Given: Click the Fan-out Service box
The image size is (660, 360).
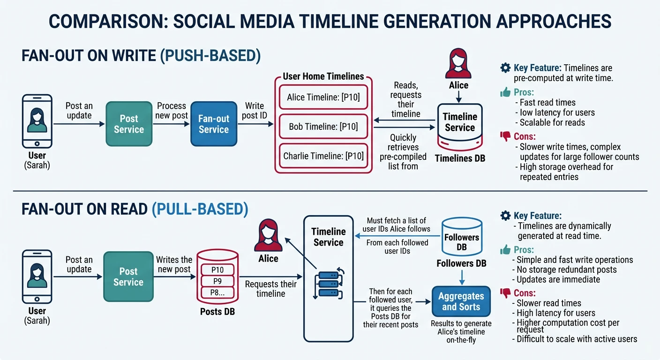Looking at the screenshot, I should [213, 124].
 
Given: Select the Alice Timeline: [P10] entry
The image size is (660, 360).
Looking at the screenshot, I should [323, 98].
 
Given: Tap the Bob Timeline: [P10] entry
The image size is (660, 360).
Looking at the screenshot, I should [323, 127].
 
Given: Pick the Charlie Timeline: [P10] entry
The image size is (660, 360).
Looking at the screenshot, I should [323, 156].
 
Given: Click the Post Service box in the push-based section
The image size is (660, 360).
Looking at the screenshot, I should [129, 124].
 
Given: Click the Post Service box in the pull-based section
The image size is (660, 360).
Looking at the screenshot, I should [128, 277].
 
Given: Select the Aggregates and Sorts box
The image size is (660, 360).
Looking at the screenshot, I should [461, 301].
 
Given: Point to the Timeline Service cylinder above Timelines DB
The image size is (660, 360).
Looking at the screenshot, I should [459, 124].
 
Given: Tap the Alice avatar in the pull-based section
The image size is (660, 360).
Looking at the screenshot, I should [268, 237].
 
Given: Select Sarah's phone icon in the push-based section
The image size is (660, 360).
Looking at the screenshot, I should [37, 121].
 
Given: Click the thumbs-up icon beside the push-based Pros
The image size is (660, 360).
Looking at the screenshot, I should [505, 92].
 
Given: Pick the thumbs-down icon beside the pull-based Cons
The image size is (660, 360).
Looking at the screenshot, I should [505, 293].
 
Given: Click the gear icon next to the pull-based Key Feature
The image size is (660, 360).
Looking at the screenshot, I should [505, 216].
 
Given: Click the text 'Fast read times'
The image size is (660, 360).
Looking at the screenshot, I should [547, 102].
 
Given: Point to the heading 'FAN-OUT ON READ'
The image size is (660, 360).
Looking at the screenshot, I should [84, 209].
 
